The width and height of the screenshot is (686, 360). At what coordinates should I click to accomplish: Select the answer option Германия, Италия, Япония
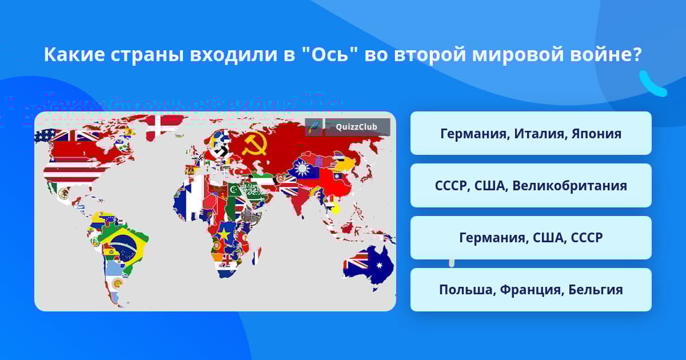pyautogui.click(x=531, y=133)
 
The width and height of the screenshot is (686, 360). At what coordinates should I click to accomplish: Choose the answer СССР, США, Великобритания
pyautogui.click(x=531, y=186)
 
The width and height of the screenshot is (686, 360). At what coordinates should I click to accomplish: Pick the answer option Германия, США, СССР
pyautogui.click(x=531, y=238)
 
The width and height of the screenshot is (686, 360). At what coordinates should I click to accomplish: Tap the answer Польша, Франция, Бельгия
pyautogui.click(x=531, y=290)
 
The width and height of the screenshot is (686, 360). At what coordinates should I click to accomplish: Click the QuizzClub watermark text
pyautogui.click(x=356, y=127)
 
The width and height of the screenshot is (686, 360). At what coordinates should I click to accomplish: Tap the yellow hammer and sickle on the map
pyautogui.click(x=255, y=145)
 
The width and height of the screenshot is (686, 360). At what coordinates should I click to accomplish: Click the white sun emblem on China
pyautogui.click(x=302, y=169)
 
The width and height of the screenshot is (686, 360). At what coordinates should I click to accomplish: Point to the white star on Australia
pyautogui.click(x=380, y=265)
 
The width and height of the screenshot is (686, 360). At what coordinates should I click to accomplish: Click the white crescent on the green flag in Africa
pyautogui.click(x=234, y=190)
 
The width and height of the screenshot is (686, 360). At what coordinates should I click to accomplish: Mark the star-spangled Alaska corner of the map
pyautogui.click(x=45, y=135)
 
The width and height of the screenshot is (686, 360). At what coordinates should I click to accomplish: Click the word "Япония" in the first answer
pyautogui.click(x=597, y=134)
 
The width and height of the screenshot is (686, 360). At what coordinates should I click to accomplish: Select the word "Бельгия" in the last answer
pyautogui.click(x=596, y=290)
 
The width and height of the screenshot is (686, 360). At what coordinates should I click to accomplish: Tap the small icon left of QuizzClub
pyautogui.click(x=314, y=127)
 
